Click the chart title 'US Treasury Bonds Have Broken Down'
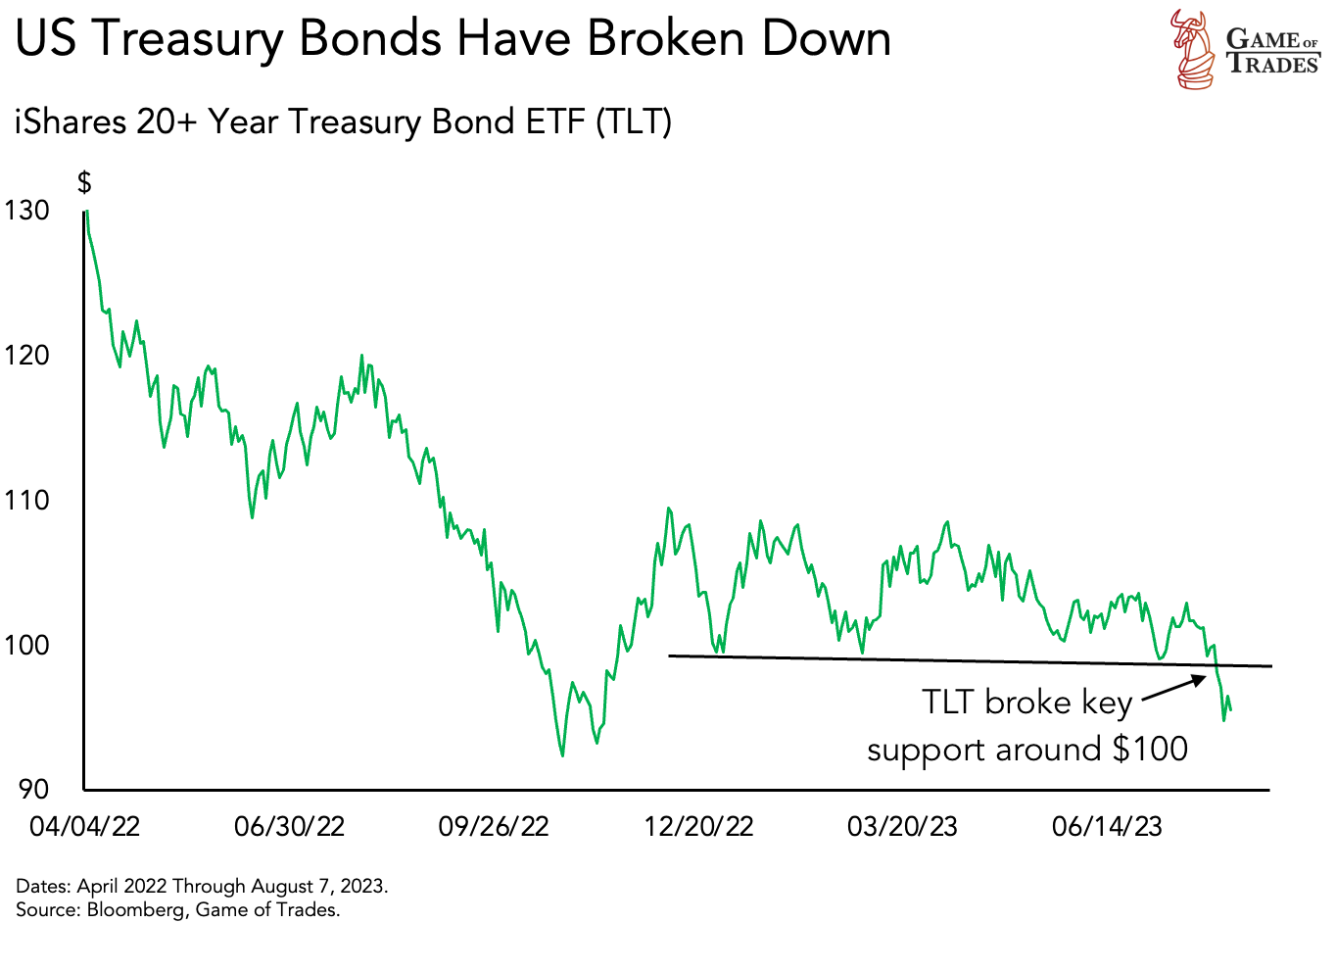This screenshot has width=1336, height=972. tap(453, 39)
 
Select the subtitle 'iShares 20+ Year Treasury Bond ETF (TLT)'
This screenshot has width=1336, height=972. tap(343, 122)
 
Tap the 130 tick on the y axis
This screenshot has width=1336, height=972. tap(26, 211)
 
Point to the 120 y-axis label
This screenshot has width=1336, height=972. tap(26, 355)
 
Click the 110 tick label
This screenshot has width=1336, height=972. tap(26, 500)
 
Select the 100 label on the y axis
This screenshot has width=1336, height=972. tap(26, 645)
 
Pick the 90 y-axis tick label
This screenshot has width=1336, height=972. tap(33, 789)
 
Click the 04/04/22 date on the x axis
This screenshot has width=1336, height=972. tap(84, 826)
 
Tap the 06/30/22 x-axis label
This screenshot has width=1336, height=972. tap(289, 826)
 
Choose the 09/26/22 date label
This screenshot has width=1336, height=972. tap(494, 826)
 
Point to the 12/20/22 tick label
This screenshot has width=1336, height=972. tap(698, 826)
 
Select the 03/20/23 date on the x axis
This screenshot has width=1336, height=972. tap(902, 826)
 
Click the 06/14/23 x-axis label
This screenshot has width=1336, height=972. tap(1107, 826)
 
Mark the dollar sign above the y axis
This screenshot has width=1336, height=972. tap(84, 182)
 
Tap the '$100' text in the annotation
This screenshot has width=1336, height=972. tap(1150, 750)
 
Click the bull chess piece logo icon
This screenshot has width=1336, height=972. tap(1192, 49)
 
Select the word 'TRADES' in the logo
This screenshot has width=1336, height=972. tap(1273, 65)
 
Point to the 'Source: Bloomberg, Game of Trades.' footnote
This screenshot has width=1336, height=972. tap(177, 910)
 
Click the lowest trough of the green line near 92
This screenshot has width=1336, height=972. tap(562, 754)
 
